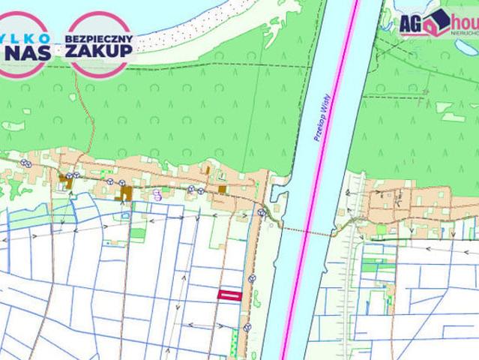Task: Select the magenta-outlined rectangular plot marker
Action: pos(229,295)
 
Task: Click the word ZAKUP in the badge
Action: pos(98,49)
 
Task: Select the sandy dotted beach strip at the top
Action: pos(180,30)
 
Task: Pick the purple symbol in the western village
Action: pos(157,193)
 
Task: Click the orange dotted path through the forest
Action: pos(89,127)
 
